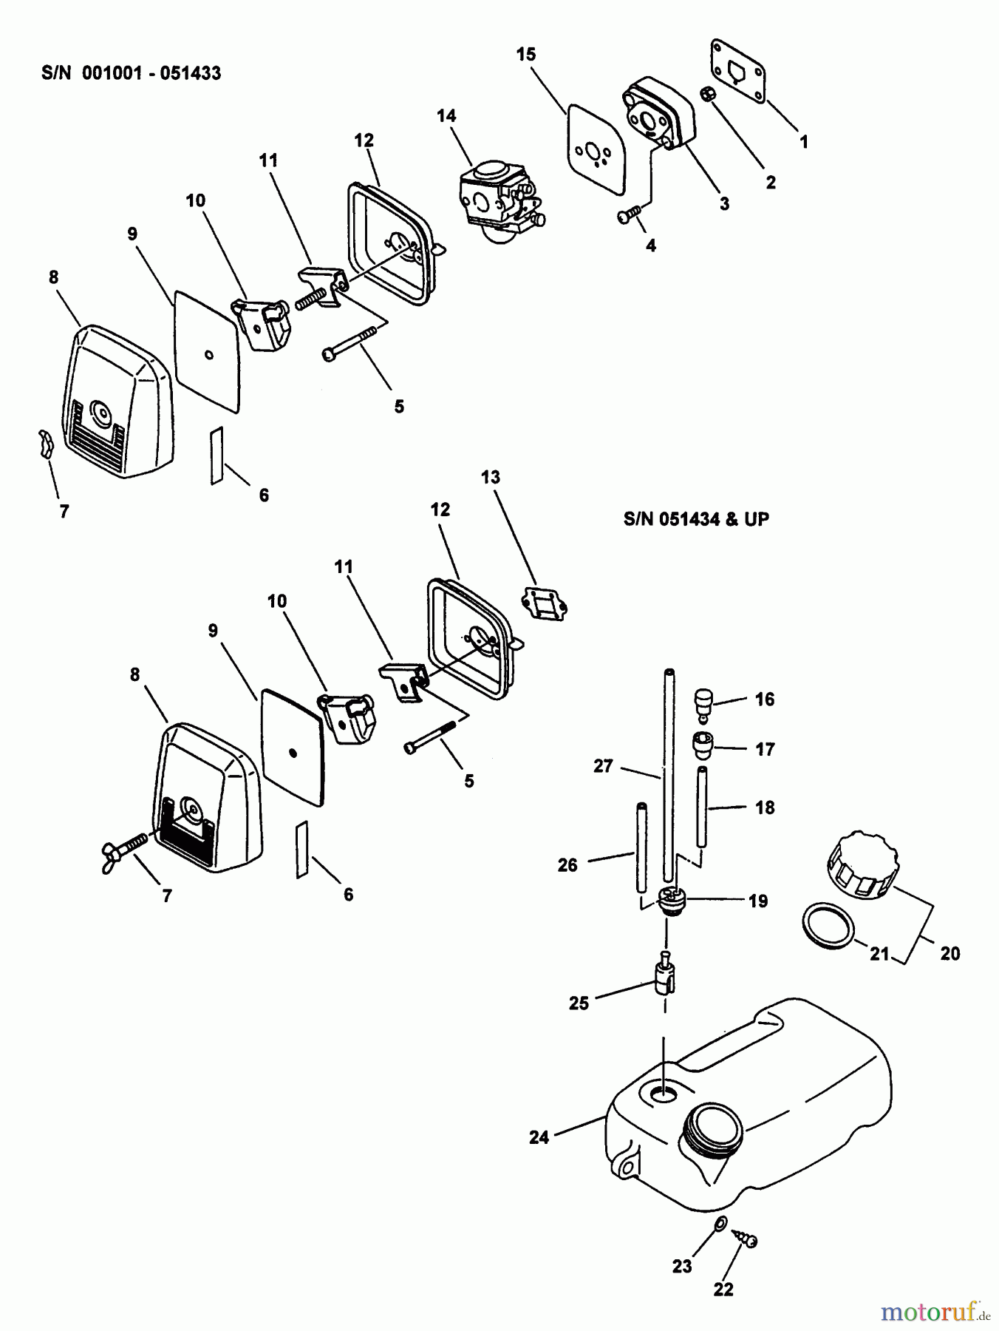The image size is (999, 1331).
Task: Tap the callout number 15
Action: tap(526, 54)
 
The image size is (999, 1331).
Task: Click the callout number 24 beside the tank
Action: tap(539, 1137)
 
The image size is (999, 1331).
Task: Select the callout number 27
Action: tap(603, 766)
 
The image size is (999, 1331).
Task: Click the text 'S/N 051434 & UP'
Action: tap(696, 519)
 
